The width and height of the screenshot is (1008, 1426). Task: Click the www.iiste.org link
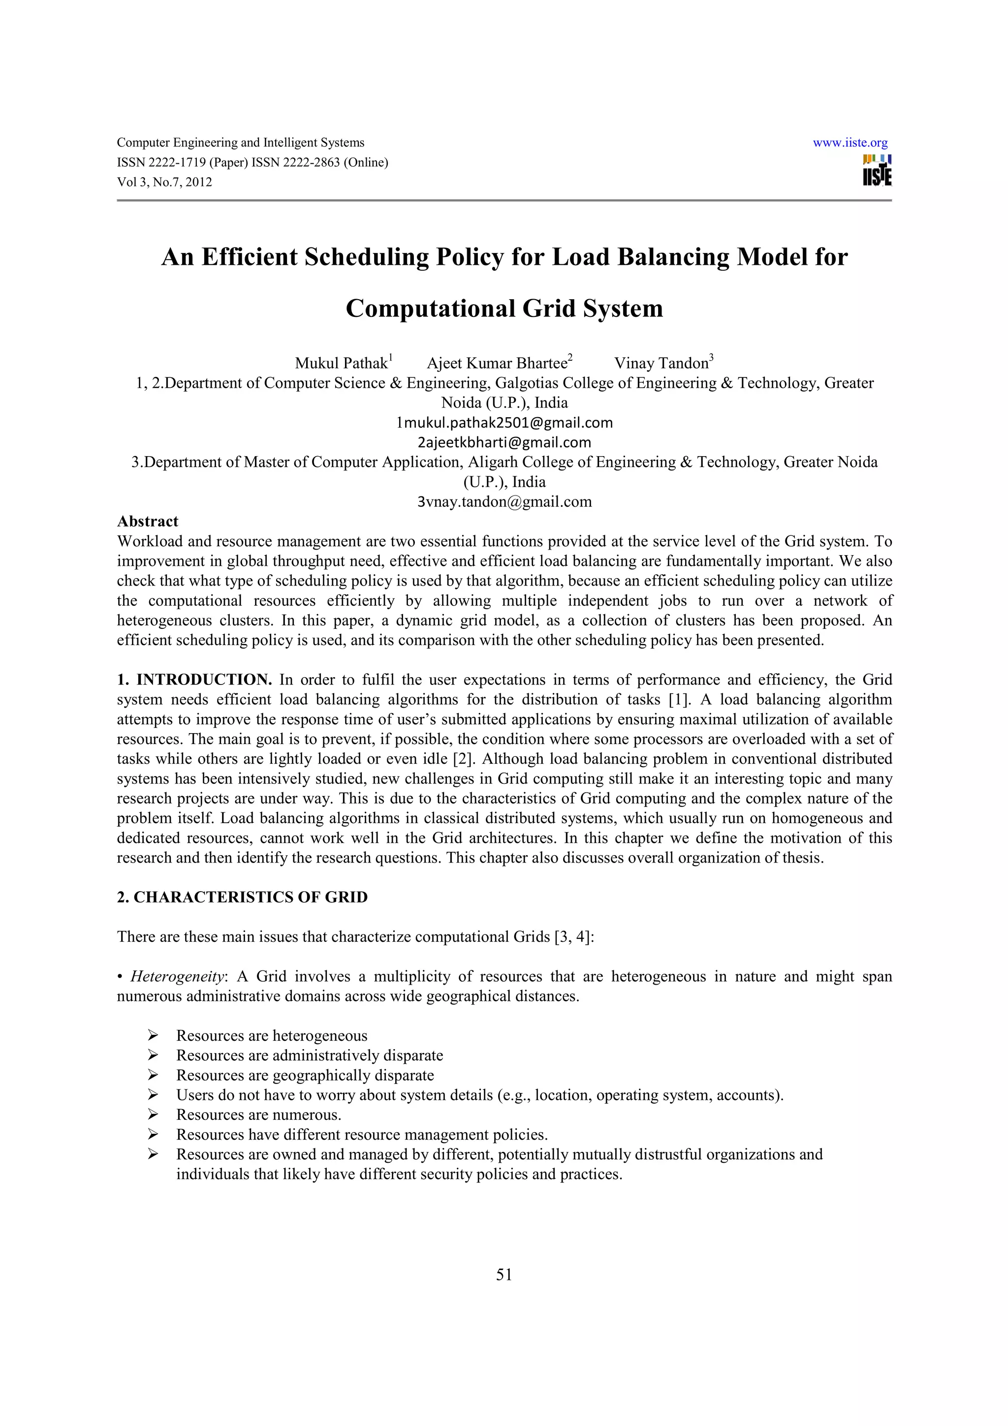(x=850, y=143)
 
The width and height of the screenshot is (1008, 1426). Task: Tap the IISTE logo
(x=877, y=170)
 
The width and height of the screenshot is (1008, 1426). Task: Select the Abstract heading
(x=147, y=521)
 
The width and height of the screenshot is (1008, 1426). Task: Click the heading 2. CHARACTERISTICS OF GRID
(x=242, y=897)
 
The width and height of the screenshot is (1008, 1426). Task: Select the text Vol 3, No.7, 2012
(x=164, y=182)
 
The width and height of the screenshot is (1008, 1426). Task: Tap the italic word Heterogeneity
(x=176, y=976)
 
